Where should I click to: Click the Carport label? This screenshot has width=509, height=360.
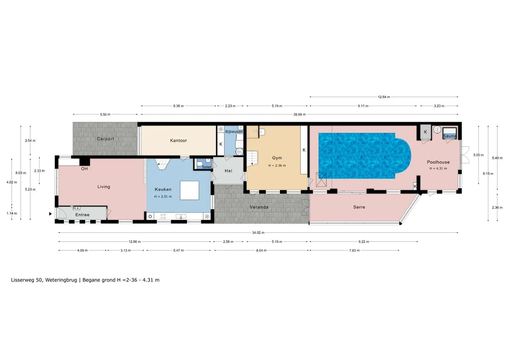click(x=105, y=139)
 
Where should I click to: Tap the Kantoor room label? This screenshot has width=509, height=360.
click(x=179, y=140)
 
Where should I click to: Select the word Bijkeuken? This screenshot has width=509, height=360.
click(x=234, y=132)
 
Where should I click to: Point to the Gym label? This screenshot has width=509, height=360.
click(x=277, y=158)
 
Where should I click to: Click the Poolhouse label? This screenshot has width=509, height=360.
click(x=438, y=162)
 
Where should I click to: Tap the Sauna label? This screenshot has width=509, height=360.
click(x=450, y=136)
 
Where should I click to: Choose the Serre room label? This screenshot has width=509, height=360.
click(x=359, y=207)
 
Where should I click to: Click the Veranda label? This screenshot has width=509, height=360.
click(x=259, y=207)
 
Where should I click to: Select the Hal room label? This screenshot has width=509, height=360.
click(x=228, y=171)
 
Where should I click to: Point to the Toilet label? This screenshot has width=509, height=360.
click(x=206, y=167)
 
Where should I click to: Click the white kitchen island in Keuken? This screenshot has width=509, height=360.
click(x=189, y=190)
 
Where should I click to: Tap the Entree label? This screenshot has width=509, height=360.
click(x=82, y=215)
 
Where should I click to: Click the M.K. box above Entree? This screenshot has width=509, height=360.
click(x=76, y=208)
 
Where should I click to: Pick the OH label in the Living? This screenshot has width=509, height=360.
click(x=84, y=169)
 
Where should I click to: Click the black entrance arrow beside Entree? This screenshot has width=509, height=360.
click(x=51, y=214)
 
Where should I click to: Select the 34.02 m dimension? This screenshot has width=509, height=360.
click(x=258, y=232)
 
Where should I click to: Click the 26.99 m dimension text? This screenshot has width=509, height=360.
click(x=299, y=114)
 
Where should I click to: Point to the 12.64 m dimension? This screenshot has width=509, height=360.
click(x=384, y=97)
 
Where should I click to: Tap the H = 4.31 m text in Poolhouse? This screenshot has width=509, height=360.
click(x=438, y=168)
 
